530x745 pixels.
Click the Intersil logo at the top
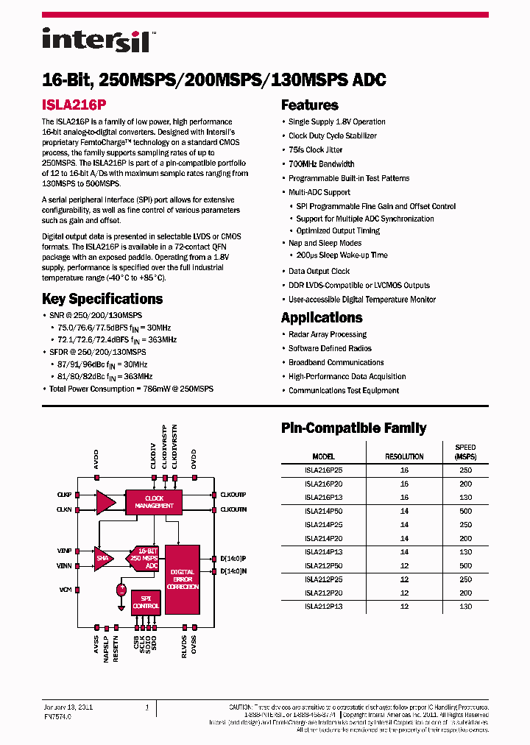(x=96, y=40)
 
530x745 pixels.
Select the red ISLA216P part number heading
(x=75, y=105)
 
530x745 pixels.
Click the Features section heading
(x=310, y=105)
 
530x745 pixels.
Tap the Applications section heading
(x=322, y=318)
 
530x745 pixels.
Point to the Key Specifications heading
(x=102, y=299)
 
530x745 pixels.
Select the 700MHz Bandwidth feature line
(x=321, y=164)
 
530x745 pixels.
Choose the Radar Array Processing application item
(x=327, y=334)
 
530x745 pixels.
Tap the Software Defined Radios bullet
(x=330, y=348)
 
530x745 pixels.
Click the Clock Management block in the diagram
(x=155, y=502)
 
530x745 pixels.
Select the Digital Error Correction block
(x=183, y=580)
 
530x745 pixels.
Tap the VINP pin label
(x=65, y=551)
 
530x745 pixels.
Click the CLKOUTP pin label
(x=233, y=495)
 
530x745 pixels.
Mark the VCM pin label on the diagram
(x=66, y=590)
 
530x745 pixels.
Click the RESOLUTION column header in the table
(x=404, y=456)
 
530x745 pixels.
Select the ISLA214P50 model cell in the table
(x=323, y=510)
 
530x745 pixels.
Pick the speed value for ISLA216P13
(x=465, y=497)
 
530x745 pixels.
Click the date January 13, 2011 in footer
(x=69, y=707)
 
